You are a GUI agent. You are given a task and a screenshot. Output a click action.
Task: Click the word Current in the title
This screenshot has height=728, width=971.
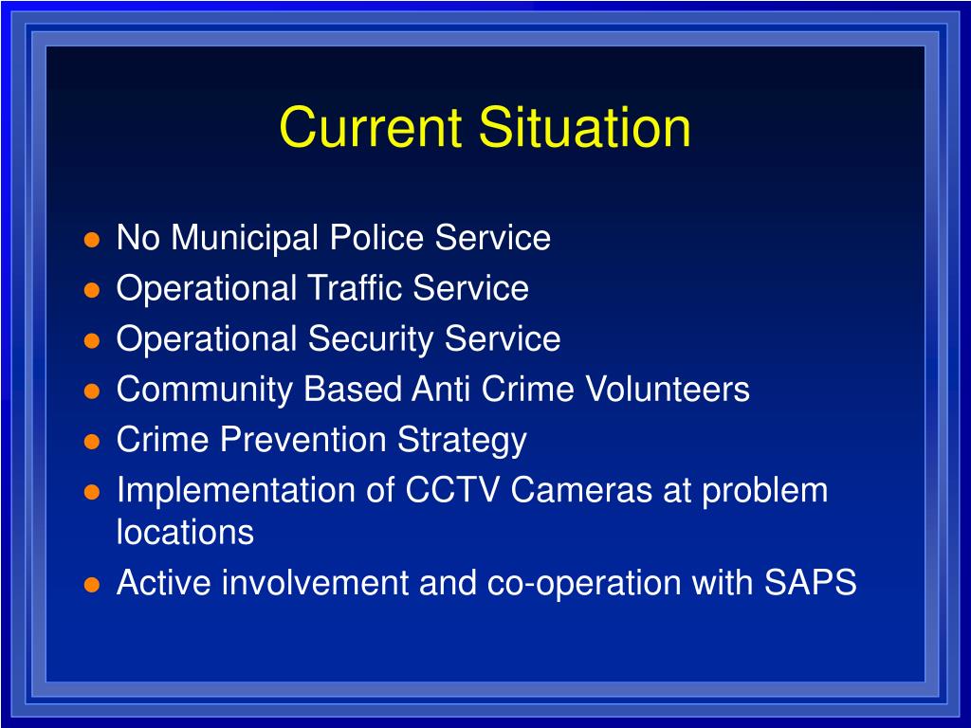371,127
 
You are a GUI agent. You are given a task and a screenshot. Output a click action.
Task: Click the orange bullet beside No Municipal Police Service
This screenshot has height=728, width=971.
92,240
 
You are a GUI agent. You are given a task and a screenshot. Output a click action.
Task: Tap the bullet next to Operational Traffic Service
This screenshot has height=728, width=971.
92,290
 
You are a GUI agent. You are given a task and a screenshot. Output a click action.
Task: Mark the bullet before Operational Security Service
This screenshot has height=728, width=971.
92,340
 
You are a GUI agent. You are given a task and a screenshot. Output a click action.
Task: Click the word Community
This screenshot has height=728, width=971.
205,390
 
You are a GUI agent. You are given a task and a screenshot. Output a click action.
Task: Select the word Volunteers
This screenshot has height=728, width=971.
667,389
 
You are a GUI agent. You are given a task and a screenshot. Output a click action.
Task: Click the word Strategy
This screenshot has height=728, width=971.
462,441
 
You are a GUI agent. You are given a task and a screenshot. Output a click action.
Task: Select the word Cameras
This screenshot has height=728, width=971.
581,490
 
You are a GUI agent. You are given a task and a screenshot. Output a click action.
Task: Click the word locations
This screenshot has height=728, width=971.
185,532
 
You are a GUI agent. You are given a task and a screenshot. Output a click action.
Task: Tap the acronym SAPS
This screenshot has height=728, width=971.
810,582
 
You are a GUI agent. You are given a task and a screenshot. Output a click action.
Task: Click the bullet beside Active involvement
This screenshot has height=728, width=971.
92,584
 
